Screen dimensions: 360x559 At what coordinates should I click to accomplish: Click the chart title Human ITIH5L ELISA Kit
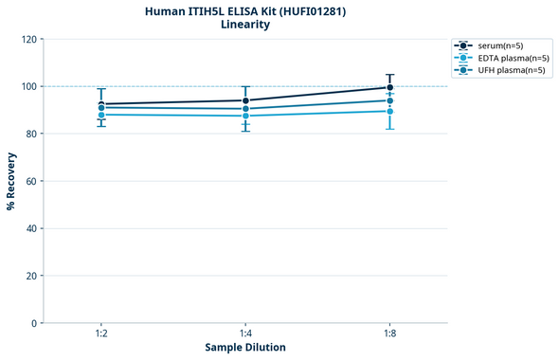click(x=244, y=10)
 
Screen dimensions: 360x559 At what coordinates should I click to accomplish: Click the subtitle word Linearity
click(x=244, y=25)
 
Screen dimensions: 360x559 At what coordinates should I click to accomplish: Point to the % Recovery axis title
click(x=11, y=180)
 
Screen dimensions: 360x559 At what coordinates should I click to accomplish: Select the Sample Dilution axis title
click(x=245, y=348)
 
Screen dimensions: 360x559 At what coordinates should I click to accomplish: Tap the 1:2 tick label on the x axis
click(x=100, y=334)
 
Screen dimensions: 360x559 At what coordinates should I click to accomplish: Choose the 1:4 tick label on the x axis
click(x=245, y=334)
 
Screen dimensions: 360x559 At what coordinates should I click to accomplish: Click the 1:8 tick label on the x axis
click(x=389, y=334)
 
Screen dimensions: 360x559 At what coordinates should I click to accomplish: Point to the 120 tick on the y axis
click(x=29, y=39)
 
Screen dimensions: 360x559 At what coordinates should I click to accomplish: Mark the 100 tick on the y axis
click(x=29, y=86)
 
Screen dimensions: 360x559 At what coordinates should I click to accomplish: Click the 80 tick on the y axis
click(x=32, y=134)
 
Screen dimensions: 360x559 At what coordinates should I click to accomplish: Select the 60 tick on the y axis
click(x=32, y=181)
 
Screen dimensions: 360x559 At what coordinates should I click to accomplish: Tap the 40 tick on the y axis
click(x=32, y=228)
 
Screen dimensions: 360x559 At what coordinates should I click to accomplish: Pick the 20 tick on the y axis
click(x=32, y=276)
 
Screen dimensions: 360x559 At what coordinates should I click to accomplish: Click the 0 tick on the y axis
click(x=35, y=323)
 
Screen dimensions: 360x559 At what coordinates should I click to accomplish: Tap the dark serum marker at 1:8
click(x=389, y=87)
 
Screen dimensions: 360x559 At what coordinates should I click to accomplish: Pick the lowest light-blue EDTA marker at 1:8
click(x=389, y=111)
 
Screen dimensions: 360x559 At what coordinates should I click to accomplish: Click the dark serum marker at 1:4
click(x=245, y=100)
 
